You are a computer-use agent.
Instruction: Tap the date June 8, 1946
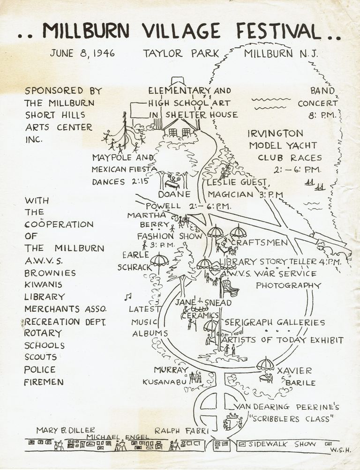click(x=82, y=53)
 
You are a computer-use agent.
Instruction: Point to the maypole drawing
click(x=125, y=134)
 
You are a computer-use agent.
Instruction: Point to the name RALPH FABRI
click(x=180, y=430)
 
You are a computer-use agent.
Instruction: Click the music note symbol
click(x=127, y=296)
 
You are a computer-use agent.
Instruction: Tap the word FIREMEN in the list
click(x=44, y=382)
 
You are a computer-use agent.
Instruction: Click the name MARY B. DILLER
click(x=66, y=430)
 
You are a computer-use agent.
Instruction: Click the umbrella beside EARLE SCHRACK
click(x=159, y=259)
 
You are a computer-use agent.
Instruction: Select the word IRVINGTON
click(x=276, y=134)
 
